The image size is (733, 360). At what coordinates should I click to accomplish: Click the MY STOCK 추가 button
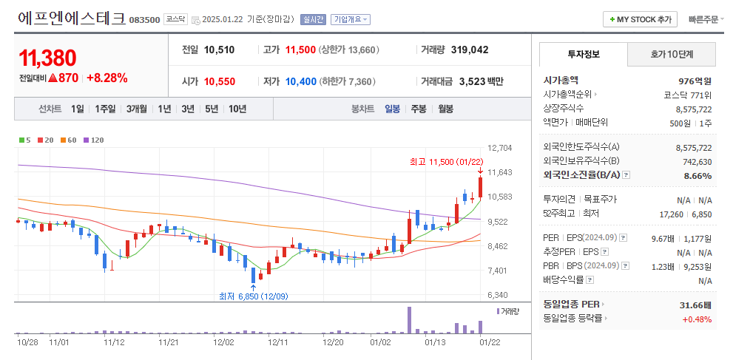641,19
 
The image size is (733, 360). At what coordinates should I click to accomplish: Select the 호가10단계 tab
672,55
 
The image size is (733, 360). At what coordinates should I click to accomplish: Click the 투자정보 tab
584,55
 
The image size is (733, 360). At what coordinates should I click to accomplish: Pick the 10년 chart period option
237,109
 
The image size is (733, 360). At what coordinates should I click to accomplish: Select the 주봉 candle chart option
419,109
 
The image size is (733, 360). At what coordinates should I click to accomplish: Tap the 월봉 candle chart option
445,109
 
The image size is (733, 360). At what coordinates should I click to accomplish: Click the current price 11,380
48,58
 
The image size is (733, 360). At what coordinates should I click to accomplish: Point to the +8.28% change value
107,78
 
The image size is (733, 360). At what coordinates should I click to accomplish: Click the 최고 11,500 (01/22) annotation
446,161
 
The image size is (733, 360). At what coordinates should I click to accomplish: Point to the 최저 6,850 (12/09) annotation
253,296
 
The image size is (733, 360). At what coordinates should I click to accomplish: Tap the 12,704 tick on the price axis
501,148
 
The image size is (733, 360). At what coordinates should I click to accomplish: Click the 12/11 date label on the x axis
278,342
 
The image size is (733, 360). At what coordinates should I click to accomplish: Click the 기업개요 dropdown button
351,19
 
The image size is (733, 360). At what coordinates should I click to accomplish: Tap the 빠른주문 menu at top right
706,19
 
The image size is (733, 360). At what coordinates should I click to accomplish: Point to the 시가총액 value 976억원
695,81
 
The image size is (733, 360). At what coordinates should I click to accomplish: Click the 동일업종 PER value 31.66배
695,305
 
